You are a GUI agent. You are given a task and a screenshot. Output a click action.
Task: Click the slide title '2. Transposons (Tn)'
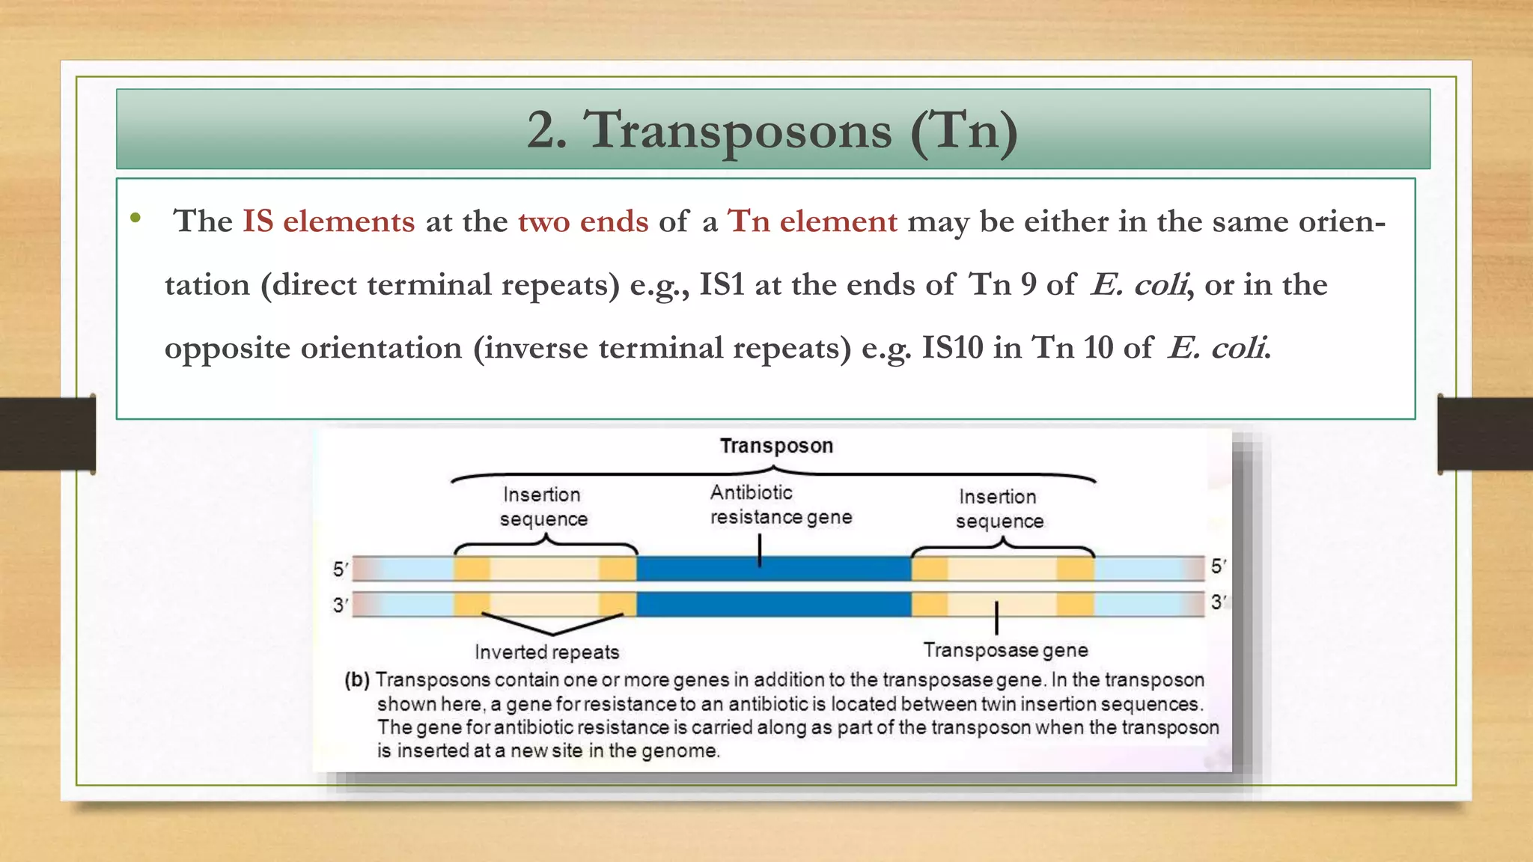click(772, 130)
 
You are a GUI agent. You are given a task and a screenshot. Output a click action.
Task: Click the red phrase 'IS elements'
click(329, 221)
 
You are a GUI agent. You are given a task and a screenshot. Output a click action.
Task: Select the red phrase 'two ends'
click(583, 221)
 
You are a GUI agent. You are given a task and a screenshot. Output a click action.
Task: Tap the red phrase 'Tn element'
click(812, 221)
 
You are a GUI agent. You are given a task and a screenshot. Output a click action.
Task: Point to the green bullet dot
click(135, 218)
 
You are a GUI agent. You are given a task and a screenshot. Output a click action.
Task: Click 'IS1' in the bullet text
click(722, 285)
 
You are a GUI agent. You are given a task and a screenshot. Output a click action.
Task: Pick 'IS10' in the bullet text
click(952, 348)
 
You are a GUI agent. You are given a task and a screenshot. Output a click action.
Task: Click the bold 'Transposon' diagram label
click(776, 446)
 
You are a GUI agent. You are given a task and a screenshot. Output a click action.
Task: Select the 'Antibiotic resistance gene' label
click(781, 505)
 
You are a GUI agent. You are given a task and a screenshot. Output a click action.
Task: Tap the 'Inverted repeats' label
click(547, 652)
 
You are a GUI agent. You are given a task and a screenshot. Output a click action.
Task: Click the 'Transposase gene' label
click(1005, 650)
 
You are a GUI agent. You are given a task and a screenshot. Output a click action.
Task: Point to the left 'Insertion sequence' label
click(543, 507)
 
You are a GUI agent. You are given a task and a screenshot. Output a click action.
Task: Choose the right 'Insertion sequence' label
click(999, 509)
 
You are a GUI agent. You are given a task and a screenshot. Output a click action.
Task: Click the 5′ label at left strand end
click(341, 569)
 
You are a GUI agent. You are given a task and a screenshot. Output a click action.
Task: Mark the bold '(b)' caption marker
click(357, 680)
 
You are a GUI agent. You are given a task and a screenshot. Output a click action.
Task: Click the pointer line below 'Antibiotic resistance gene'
click(760, 550)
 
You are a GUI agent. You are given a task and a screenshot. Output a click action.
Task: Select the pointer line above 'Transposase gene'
click(996, 618)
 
